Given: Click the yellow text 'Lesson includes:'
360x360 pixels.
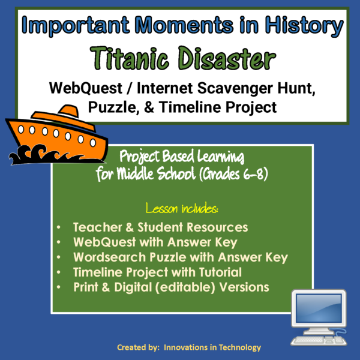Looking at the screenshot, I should pyautogui.click(x=181, y=209).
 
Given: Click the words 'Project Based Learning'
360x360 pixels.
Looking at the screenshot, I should pyautogui.click(x=181, y=158).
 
